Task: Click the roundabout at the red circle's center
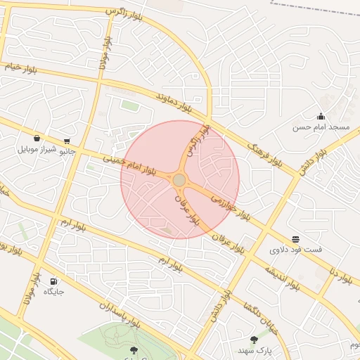click(x=179, y=181)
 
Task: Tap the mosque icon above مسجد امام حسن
click(x=321, y=117)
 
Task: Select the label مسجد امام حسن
click(x=321, y=128)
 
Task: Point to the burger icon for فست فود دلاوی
click(x=295, y=239)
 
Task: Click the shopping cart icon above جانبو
click(x=67, y=141)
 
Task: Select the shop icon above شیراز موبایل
click(x=37, y=138)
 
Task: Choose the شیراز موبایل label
click(x=35, y=150)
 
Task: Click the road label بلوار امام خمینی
click(x=129, y=165)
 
